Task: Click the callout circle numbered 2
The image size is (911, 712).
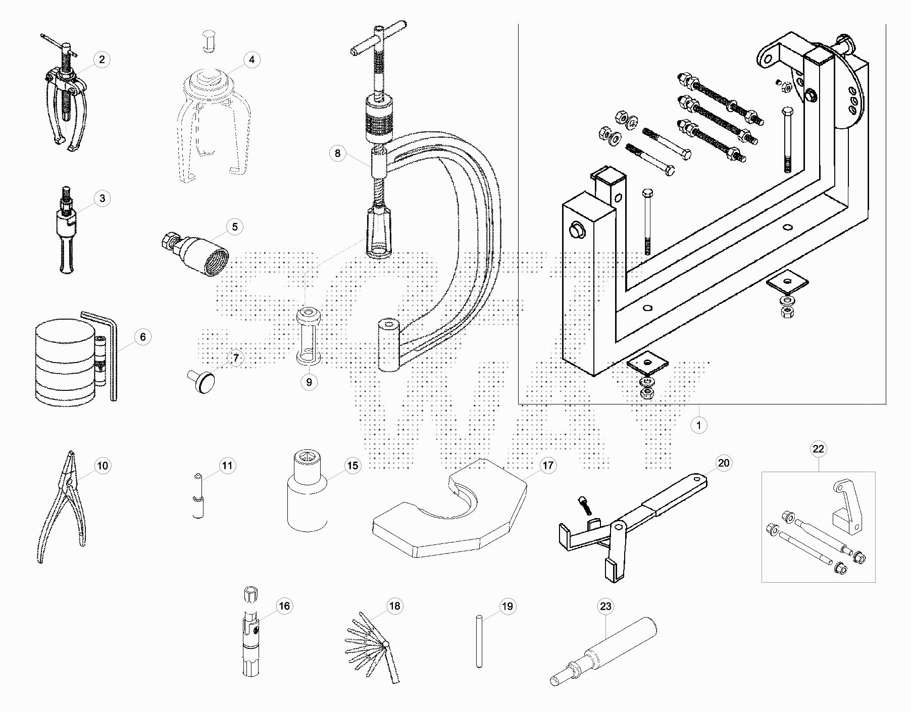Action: point(102,60)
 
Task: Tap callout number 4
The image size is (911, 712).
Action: point(252,60)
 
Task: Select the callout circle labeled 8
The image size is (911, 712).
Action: point(338,153)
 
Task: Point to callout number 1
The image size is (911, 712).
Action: point(699,425)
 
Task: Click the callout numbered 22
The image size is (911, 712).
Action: point(818,449)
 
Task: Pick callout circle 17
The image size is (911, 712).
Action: point(548,465)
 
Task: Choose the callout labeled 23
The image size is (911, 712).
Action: point(605,606)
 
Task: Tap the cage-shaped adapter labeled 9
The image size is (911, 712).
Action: point(309,336)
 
